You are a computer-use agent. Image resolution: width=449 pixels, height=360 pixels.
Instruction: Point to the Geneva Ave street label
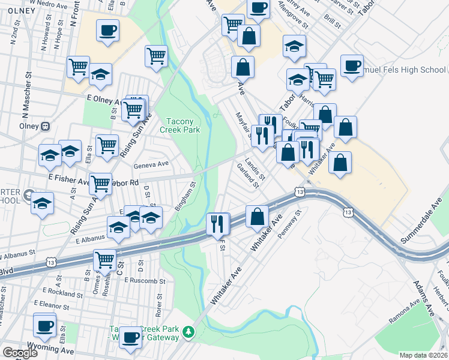pyautogui.click(x=151, y=163)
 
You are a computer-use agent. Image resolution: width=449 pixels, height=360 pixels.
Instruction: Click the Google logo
pyautogui.click(x=20, y=353)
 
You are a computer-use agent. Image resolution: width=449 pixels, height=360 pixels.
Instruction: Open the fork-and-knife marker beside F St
pyautogui.click(x=217, y=223)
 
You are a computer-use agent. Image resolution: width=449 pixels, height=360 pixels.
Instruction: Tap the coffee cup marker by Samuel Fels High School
pyautogui.click(x=352, y=65)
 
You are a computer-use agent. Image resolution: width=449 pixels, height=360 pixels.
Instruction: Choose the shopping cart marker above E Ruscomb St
pyautogui.click(x=104, y=260)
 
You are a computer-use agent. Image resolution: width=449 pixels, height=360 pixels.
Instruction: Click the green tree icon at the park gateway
pyautogui.click(x=189, y=332)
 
